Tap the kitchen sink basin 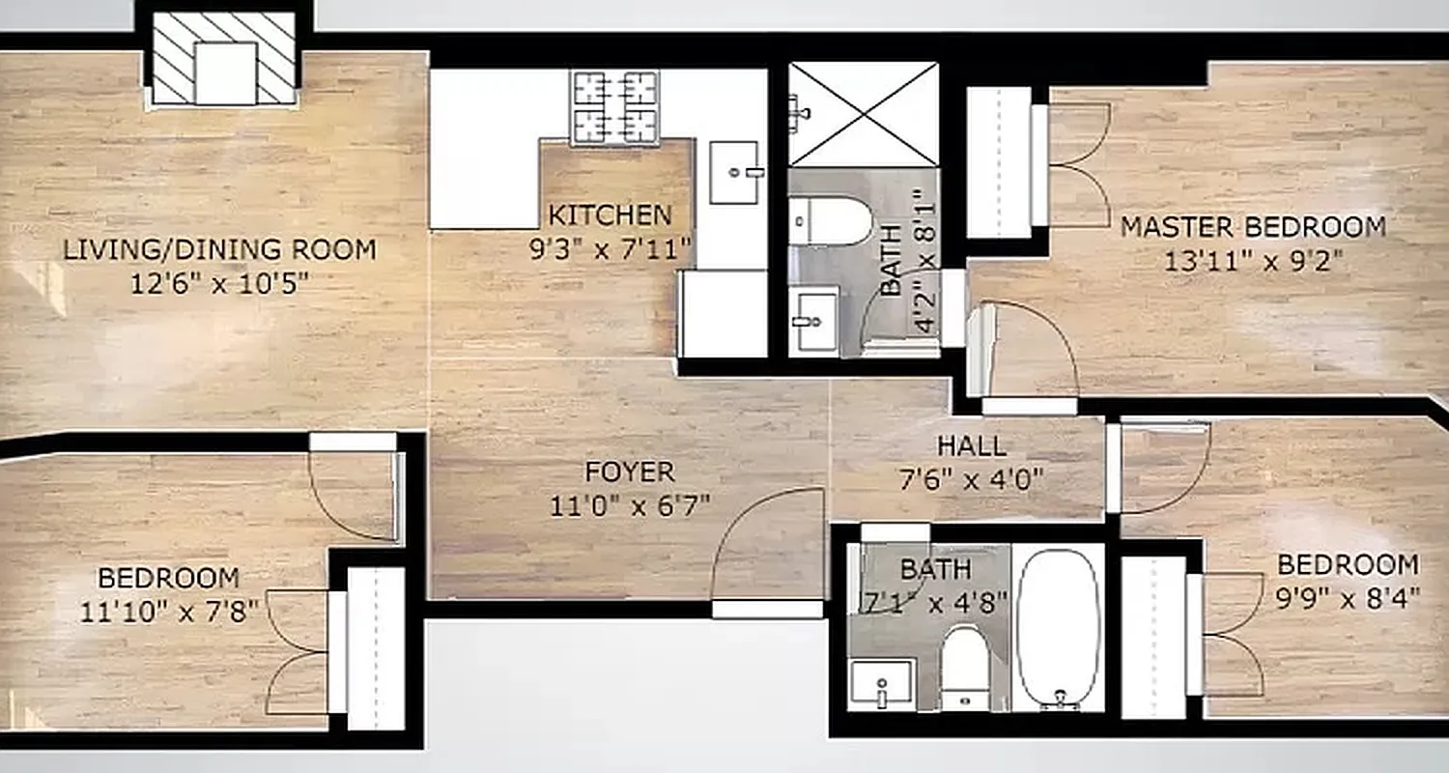pos(734,172)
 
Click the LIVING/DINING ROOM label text pos(219,249)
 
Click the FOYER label pos(630,472)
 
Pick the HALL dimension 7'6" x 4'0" pos(971,480)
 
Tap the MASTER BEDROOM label pos(1253,228)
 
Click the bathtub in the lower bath pos(1059,627)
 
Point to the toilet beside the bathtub pos(964,666)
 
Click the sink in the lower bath pos(882,684)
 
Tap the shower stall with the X pos(864,114)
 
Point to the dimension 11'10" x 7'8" pos(168,612)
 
